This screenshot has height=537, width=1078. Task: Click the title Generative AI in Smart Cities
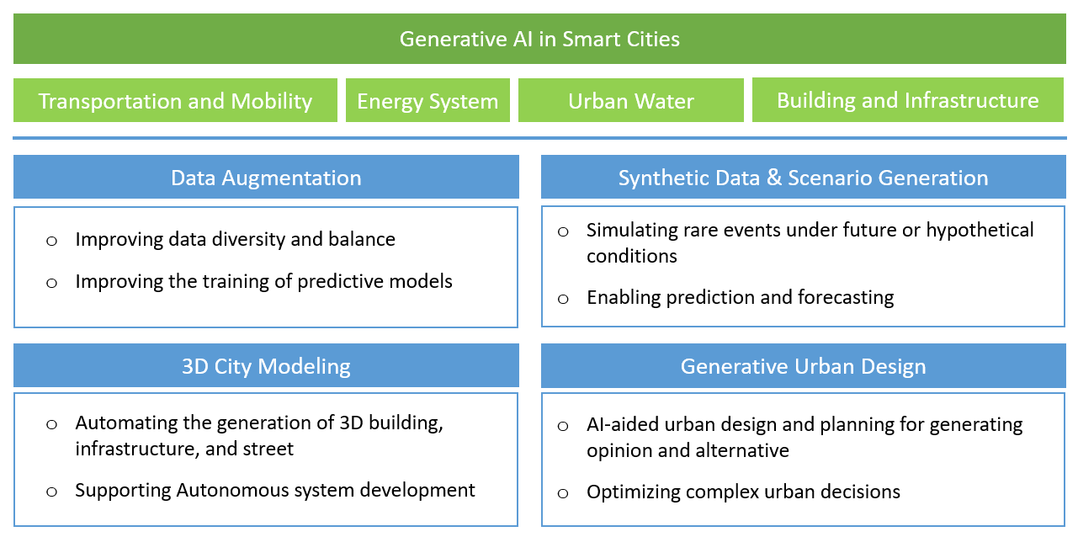(539, 39)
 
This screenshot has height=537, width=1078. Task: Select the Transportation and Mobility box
(175, 100)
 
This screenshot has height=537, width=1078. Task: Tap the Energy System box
(427, 100)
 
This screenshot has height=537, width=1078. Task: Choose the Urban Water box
(630, 100)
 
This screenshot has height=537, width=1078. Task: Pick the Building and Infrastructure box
(908, 99)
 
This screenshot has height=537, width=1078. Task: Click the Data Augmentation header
(266, 177)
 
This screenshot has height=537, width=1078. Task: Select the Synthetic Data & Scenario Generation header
(803, 177)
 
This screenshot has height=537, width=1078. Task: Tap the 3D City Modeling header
(266, 365)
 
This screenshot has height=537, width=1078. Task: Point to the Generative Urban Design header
(803, 365)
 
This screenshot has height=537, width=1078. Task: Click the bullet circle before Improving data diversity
(51, 241)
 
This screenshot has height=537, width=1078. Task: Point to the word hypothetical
(980, 231)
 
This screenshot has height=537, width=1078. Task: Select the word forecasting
(846, 298)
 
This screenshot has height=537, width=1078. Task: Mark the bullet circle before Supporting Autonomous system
(51, 492)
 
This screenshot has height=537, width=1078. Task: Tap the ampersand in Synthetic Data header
(774, 177)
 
